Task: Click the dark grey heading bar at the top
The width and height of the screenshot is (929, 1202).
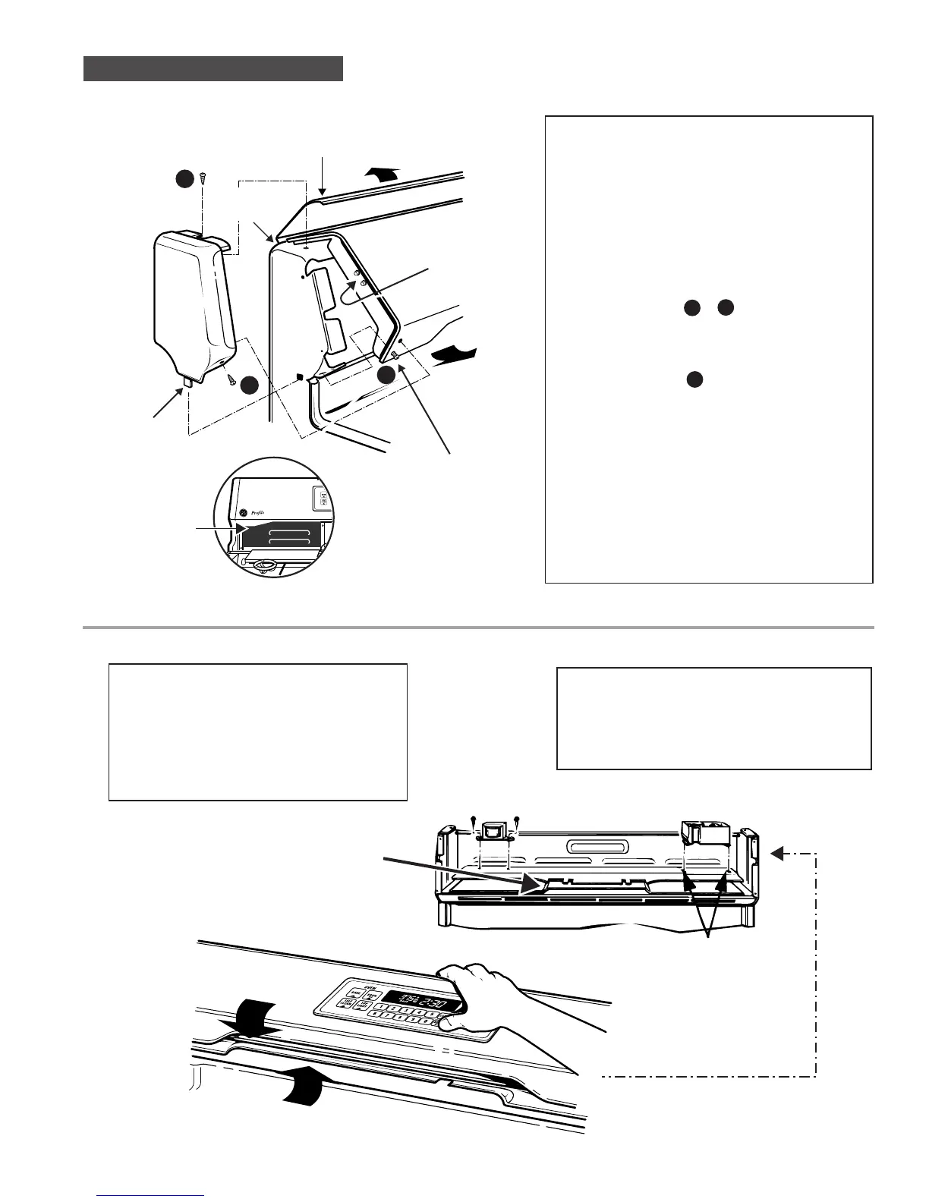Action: [x=213, y=68]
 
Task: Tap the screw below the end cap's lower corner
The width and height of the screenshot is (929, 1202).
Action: [x=230, y=377]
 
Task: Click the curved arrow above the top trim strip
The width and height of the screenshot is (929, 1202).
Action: [x=379, y=174]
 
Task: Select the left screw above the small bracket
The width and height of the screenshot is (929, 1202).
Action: [x=474, y=820]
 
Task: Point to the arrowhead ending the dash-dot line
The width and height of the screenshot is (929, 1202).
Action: [x=776, y=854]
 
